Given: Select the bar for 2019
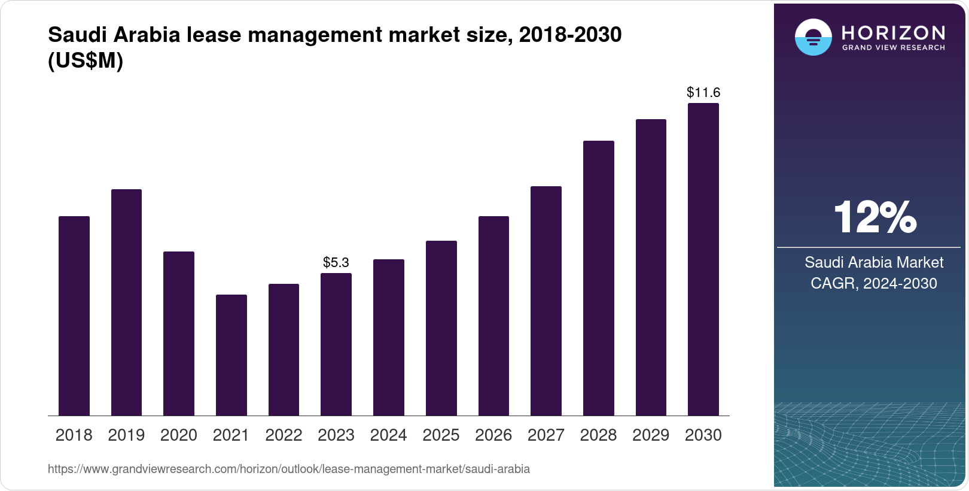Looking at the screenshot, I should coord(126,302).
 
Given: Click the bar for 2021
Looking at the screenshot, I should coord(231,355).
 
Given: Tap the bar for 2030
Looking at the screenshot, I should coord(703,259).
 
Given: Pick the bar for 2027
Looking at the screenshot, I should coord(546,301).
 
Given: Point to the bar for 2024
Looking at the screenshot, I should coord(388,338).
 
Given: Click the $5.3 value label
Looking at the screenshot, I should coord(336,262).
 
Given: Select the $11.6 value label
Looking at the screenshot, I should coord(703,92).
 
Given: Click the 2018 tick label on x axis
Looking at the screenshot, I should coord(74,435).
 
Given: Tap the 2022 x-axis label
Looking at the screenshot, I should coord(284,435).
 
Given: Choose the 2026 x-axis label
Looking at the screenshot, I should coord(493,435).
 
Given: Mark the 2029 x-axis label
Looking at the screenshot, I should coord(650,435).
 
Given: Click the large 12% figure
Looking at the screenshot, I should coord(874,217).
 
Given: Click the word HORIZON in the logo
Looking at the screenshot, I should coord(893,32).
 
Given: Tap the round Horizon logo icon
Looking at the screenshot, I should coord(813,37).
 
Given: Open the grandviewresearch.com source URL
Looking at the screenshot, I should coord(288,469).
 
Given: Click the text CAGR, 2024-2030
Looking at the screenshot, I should coord(873,283).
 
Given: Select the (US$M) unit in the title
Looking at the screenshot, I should coord(85,60).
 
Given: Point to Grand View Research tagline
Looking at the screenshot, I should coord(893,48).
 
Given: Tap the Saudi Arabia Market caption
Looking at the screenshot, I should coord(873,262).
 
